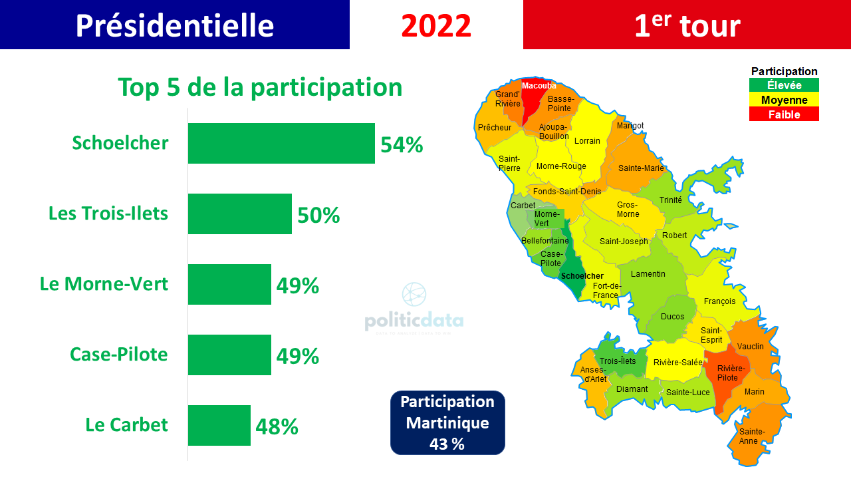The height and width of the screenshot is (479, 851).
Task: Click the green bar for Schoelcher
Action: (x=281, y=143)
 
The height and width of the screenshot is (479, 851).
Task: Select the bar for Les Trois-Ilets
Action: (x=240, y=214)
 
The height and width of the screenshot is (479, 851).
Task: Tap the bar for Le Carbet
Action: (x=219, y=425)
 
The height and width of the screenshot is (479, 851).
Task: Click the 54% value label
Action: (x=402, y=145)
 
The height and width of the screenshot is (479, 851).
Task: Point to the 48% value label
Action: (x=277, y=426)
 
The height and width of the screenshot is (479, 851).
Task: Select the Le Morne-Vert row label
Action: (x=104, y=284)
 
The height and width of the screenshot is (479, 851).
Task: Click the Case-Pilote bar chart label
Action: (x=118, y=355)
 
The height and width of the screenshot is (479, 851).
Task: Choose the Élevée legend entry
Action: (x=784, y=85)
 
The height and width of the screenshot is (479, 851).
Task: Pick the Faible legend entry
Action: (x=784, y=114)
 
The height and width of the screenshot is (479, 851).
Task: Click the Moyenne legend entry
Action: (x=784, y=100)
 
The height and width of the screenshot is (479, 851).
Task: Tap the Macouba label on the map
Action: (x=539, y=86)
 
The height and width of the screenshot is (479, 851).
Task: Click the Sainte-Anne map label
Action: (x=752, y=436)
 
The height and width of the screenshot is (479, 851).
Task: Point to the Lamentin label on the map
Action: (x=648, y=273)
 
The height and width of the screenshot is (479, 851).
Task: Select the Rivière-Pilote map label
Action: (x=731, y=373)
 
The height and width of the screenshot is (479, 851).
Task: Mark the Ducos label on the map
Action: (x=672, y=316)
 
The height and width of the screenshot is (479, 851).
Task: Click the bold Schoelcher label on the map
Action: (x=582, y=276)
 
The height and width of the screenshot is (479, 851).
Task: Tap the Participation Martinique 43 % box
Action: (x=447, y=422)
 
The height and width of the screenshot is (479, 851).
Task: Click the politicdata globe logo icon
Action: (x=414, y=294)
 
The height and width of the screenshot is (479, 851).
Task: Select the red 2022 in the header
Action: (x=436, y=26)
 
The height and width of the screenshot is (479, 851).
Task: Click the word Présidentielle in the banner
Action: (x=174, y=26)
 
